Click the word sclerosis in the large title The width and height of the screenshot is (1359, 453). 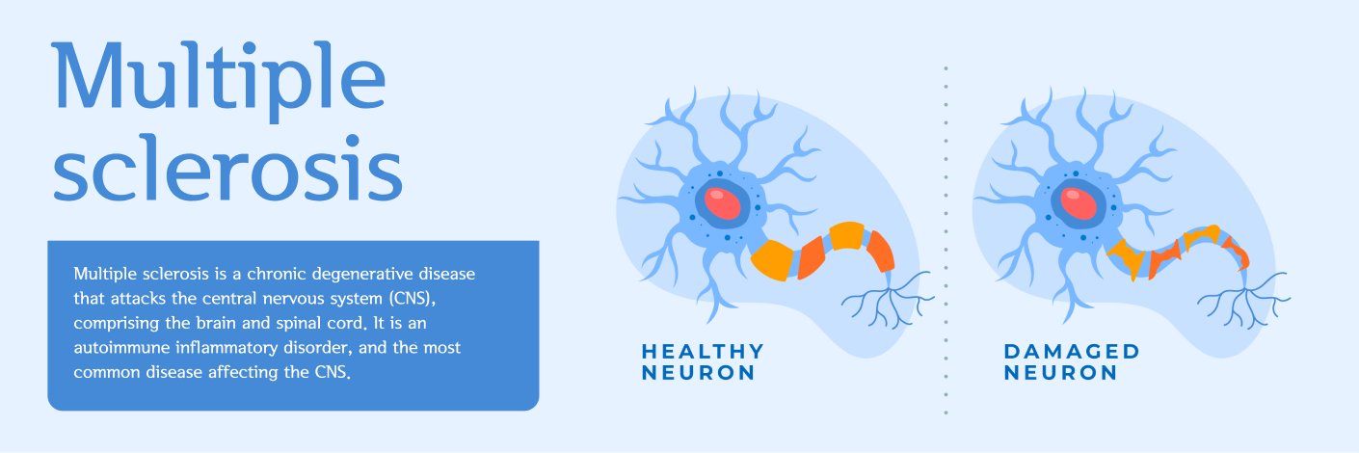coord(228,168)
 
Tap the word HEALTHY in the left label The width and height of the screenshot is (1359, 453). coord(703,352)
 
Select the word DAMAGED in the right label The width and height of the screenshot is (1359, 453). coord(1072,352)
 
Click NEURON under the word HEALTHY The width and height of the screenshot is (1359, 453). coord(699,373)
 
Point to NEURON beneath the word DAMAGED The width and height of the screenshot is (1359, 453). coord(1060,373)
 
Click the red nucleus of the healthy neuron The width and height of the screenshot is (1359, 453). coord(722,203)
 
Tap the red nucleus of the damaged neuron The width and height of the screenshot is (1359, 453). coord(1079,203)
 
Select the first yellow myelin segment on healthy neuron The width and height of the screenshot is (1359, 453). coord(772,260)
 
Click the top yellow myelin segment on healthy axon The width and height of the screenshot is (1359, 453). coord(847,236)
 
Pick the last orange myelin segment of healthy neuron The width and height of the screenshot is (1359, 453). coord(881,251)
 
